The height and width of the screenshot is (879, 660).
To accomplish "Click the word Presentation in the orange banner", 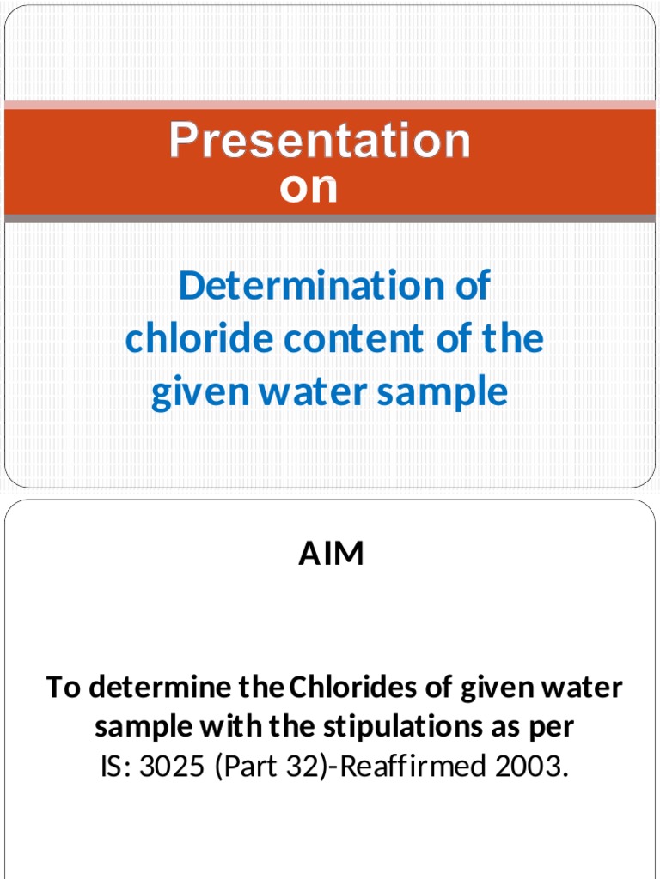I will pyautogui.click(x=320, y=142).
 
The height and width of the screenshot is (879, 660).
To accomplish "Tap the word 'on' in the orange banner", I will pyautogui.click(x=309, y=188).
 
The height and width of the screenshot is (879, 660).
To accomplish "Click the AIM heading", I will pyautogui.click(x=331, y=555).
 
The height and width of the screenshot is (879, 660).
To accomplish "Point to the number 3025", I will pyautogui.click(x=170, y=767).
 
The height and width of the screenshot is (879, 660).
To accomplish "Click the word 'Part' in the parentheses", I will pyautogui.click(x=254, y=767).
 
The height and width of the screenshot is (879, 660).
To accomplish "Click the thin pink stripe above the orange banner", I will pyautogui.click(x=330, y=105).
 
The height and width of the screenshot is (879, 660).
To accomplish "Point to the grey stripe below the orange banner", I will pyautogui.click(x=330, y=219).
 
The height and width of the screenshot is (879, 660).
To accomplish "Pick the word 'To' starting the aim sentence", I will pyautogui.click(x=64, y=688).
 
